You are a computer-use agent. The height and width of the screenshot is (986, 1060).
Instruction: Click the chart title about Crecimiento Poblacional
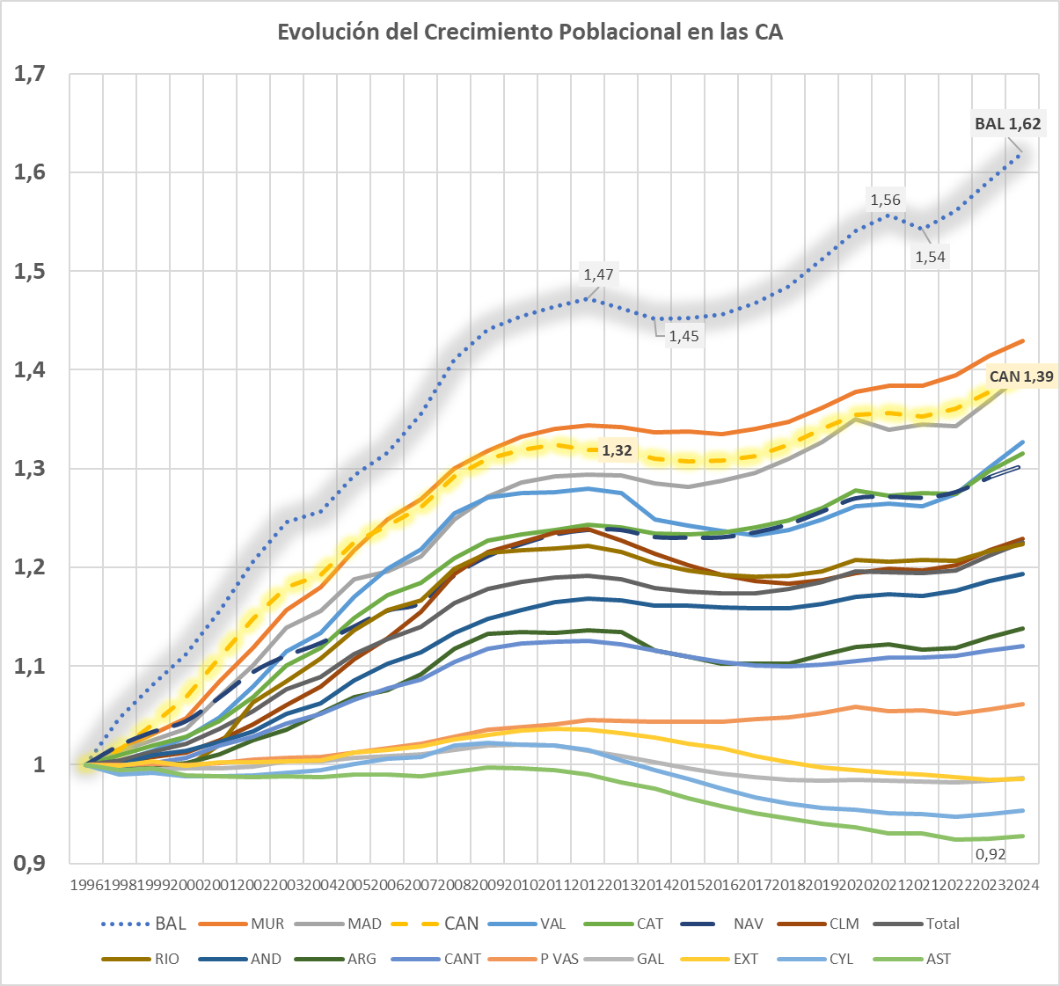click(x=530, y=33)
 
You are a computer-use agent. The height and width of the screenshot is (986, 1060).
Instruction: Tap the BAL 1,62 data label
click(x=1007, y=124)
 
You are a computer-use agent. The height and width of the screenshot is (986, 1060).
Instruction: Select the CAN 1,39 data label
click(x=1021, y=376)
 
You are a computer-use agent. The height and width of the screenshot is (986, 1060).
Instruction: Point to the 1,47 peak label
click(x=598, y=274)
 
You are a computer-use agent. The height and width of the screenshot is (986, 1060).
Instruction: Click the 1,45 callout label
click(x=684, y=336)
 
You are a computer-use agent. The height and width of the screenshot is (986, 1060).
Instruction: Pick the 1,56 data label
click(x=885, y=200)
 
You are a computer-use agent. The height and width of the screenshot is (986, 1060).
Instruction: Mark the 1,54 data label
click(x=930, y=257)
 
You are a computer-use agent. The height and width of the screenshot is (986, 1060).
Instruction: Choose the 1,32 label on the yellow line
click(x=617, y=450)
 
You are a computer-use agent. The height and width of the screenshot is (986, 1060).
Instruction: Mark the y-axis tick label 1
click(x=39, y=765)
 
